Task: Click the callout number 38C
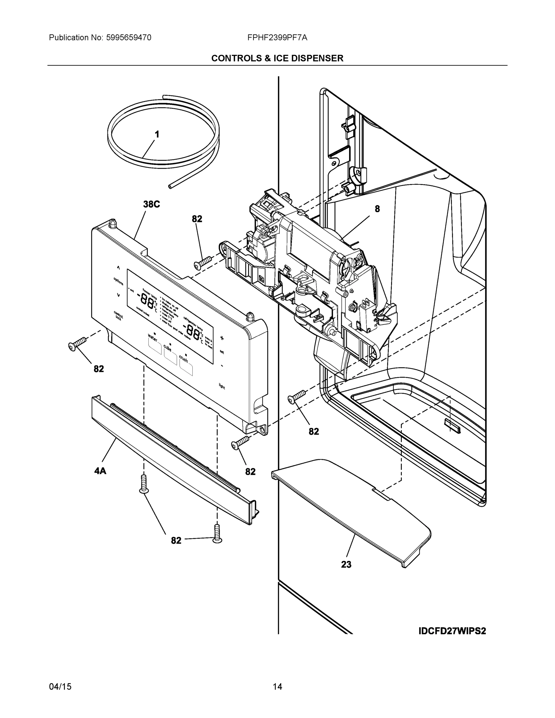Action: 151,205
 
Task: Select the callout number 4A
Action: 100,471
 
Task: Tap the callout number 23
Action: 346,565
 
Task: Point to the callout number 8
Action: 377,209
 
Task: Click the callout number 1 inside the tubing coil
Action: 157,134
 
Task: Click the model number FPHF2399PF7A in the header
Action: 277,38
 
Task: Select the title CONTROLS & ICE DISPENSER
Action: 277,58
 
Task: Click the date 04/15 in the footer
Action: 60,687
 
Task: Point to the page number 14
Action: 277,687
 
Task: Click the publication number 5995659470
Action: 129,38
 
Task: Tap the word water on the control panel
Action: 153,337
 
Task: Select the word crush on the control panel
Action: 183,359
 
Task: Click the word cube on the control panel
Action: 168,348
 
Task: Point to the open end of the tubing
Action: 170,186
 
